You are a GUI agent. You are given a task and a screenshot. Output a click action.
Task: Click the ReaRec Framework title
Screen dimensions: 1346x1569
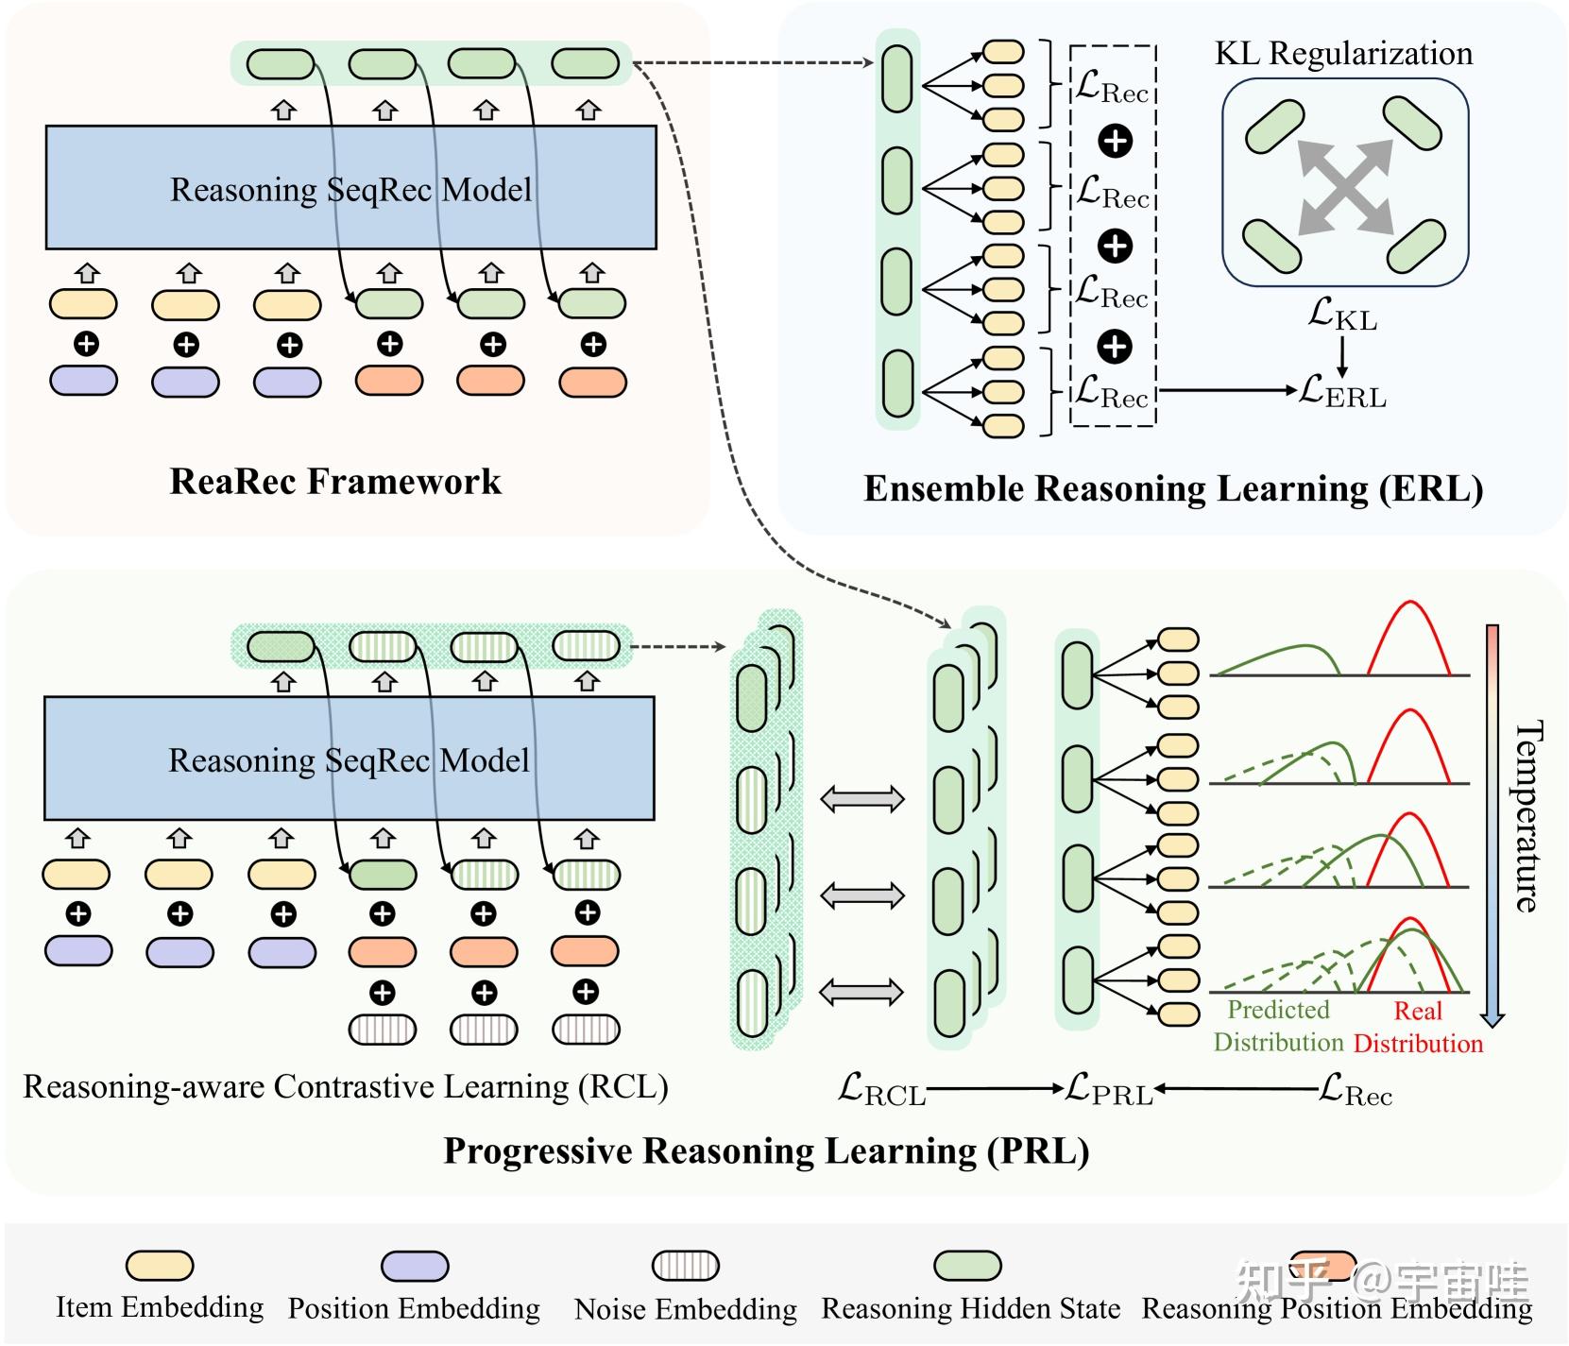tap(335, 482)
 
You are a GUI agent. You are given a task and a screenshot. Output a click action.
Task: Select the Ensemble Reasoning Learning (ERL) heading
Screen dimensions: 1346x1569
tap(1173, 488)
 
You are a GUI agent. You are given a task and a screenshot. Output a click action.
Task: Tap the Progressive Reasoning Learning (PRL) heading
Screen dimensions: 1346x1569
tap(766, 1151)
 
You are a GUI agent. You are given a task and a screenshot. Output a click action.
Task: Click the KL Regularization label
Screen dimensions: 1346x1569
tap(1343, 54)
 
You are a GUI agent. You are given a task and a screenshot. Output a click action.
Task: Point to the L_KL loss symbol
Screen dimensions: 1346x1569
tap(1342, 314)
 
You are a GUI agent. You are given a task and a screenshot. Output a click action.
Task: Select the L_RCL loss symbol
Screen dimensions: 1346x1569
tap(881, 1090)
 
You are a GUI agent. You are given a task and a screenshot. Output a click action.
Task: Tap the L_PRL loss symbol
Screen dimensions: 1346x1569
tap(1109, 1090)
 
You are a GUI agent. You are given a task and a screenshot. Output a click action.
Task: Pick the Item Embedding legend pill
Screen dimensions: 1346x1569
tap(160, 1266)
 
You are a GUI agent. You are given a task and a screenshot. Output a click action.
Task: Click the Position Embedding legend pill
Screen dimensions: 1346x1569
tap(415, 1266)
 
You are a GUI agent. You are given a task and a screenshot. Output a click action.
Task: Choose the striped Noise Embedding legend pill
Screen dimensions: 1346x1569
tap(686, 1266)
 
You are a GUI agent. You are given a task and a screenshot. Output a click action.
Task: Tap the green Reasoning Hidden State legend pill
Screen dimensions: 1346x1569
tap(967, 1266)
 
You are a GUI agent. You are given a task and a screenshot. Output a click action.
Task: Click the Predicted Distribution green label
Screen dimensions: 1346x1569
tap(1278, 1026)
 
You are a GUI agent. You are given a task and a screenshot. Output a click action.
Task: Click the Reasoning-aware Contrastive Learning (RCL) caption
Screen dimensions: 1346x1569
tap(346, 1087)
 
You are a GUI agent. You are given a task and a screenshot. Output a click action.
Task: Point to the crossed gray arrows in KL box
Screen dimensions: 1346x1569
tap(1345, 186)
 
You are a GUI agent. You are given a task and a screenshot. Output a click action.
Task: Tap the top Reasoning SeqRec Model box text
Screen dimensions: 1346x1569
tap(350, 190)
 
